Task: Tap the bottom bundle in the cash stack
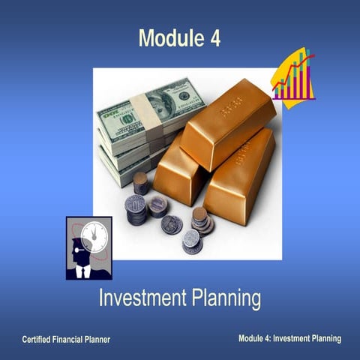click(x=124, y=171)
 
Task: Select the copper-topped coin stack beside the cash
click(x=140, y=183)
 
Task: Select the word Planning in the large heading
click(x=226, y=299)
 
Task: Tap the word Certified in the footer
click(x=38, y=340)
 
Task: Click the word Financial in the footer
click(x=73, y=340)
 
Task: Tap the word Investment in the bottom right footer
click(x=291, y=339)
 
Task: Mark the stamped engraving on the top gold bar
click(x=230, y=111)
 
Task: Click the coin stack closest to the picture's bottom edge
click(x=192, y=243)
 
